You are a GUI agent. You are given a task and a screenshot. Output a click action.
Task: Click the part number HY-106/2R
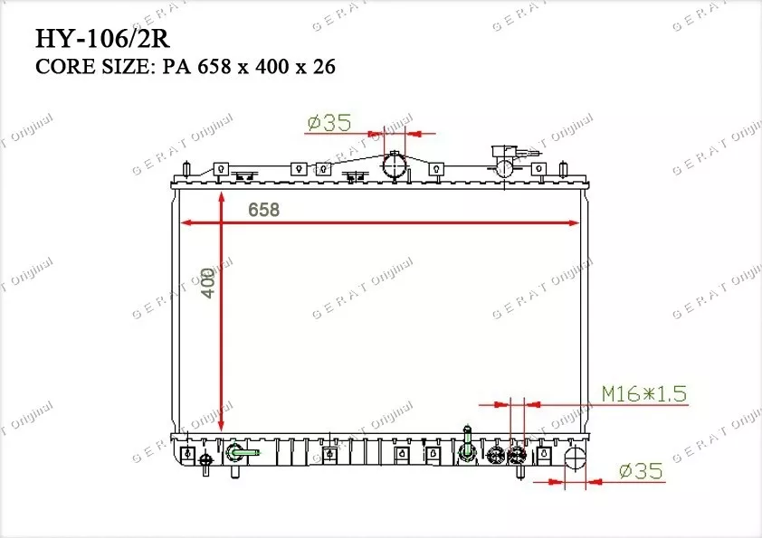(102, 39)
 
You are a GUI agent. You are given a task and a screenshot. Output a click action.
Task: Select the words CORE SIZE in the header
(93, 67)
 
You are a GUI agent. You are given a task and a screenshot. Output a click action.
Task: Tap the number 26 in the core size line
(324, 67)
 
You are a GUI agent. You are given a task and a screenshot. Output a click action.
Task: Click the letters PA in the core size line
(176, 67)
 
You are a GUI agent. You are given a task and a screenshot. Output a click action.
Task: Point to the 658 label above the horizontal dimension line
(264, 210)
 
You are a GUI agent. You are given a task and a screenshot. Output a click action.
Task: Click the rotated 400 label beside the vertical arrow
(208, 282)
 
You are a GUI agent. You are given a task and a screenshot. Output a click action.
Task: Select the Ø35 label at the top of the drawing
(329, 123)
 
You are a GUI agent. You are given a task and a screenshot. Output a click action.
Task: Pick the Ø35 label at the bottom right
(641, 470)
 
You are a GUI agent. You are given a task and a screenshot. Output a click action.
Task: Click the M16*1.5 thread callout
(644, 394)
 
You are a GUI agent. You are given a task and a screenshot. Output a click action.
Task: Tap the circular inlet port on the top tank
(394, 166)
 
